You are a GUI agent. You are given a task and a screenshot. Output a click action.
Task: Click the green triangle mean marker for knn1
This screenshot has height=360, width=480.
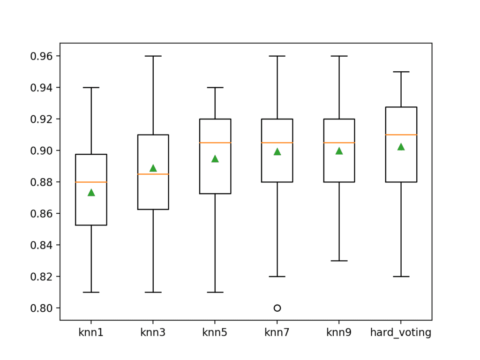click(91, 193)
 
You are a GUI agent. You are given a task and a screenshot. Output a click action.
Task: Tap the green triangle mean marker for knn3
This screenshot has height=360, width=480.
click(153, 168)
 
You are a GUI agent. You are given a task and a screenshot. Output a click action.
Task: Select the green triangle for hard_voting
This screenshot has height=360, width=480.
click(401, 147)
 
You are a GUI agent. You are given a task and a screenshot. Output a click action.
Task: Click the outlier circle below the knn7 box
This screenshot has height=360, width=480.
click(277, 308)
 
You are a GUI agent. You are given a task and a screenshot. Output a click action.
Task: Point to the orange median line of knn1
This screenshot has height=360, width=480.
click(91, 182)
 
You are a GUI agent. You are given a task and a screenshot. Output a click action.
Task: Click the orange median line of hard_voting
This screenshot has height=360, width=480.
click(401, 135)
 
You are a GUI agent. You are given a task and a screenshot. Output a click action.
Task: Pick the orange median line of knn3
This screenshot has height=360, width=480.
click(153, 174)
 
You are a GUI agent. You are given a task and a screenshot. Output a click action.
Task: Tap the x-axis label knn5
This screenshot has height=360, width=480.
click(215, 333)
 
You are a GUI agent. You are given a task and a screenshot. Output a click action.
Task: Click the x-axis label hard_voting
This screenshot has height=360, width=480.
click(401, 333)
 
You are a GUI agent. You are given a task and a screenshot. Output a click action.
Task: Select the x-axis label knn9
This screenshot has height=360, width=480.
click(339, 333)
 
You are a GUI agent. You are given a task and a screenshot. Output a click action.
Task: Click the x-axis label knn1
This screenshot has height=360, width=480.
click(91, 333)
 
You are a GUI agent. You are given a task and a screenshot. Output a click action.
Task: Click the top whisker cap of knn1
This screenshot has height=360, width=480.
click(91, 88)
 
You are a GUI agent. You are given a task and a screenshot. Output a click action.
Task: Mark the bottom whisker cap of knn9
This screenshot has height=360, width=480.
click(339, 261)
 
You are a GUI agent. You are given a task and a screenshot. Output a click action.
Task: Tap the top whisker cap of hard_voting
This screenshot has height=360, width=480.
click(401, 72)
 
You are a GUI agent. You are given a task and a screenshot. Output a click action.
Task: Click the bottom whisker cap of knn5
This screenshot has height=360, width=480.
click(215, 292)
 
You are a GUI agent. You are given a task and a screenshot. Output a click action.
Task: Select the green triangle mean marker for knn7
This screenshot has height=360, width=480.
click(277, 152)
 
